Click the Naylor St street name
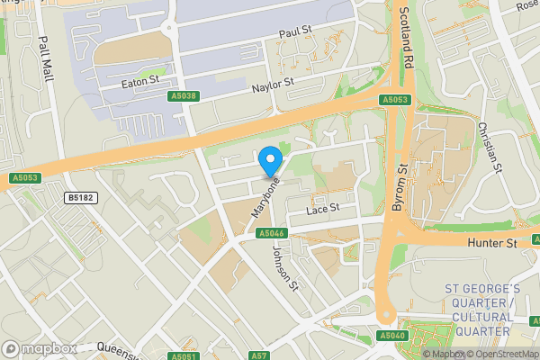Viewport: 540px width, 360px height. (273, 84)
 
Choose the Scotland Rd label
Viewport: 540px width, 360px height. (405, 35)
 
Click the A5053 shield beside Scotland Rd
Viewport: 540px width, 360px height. (393, 100)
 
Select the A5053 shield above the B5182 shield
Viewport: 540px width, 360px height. (27, 179)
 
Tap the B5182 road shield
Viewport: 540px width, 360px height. (82, 197)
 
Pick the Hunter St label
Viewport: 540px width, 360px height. (491, 243)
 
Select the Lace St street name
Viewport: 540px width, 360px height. (321, 208)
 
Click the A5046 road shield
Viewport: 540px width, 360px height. (272, 233)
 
